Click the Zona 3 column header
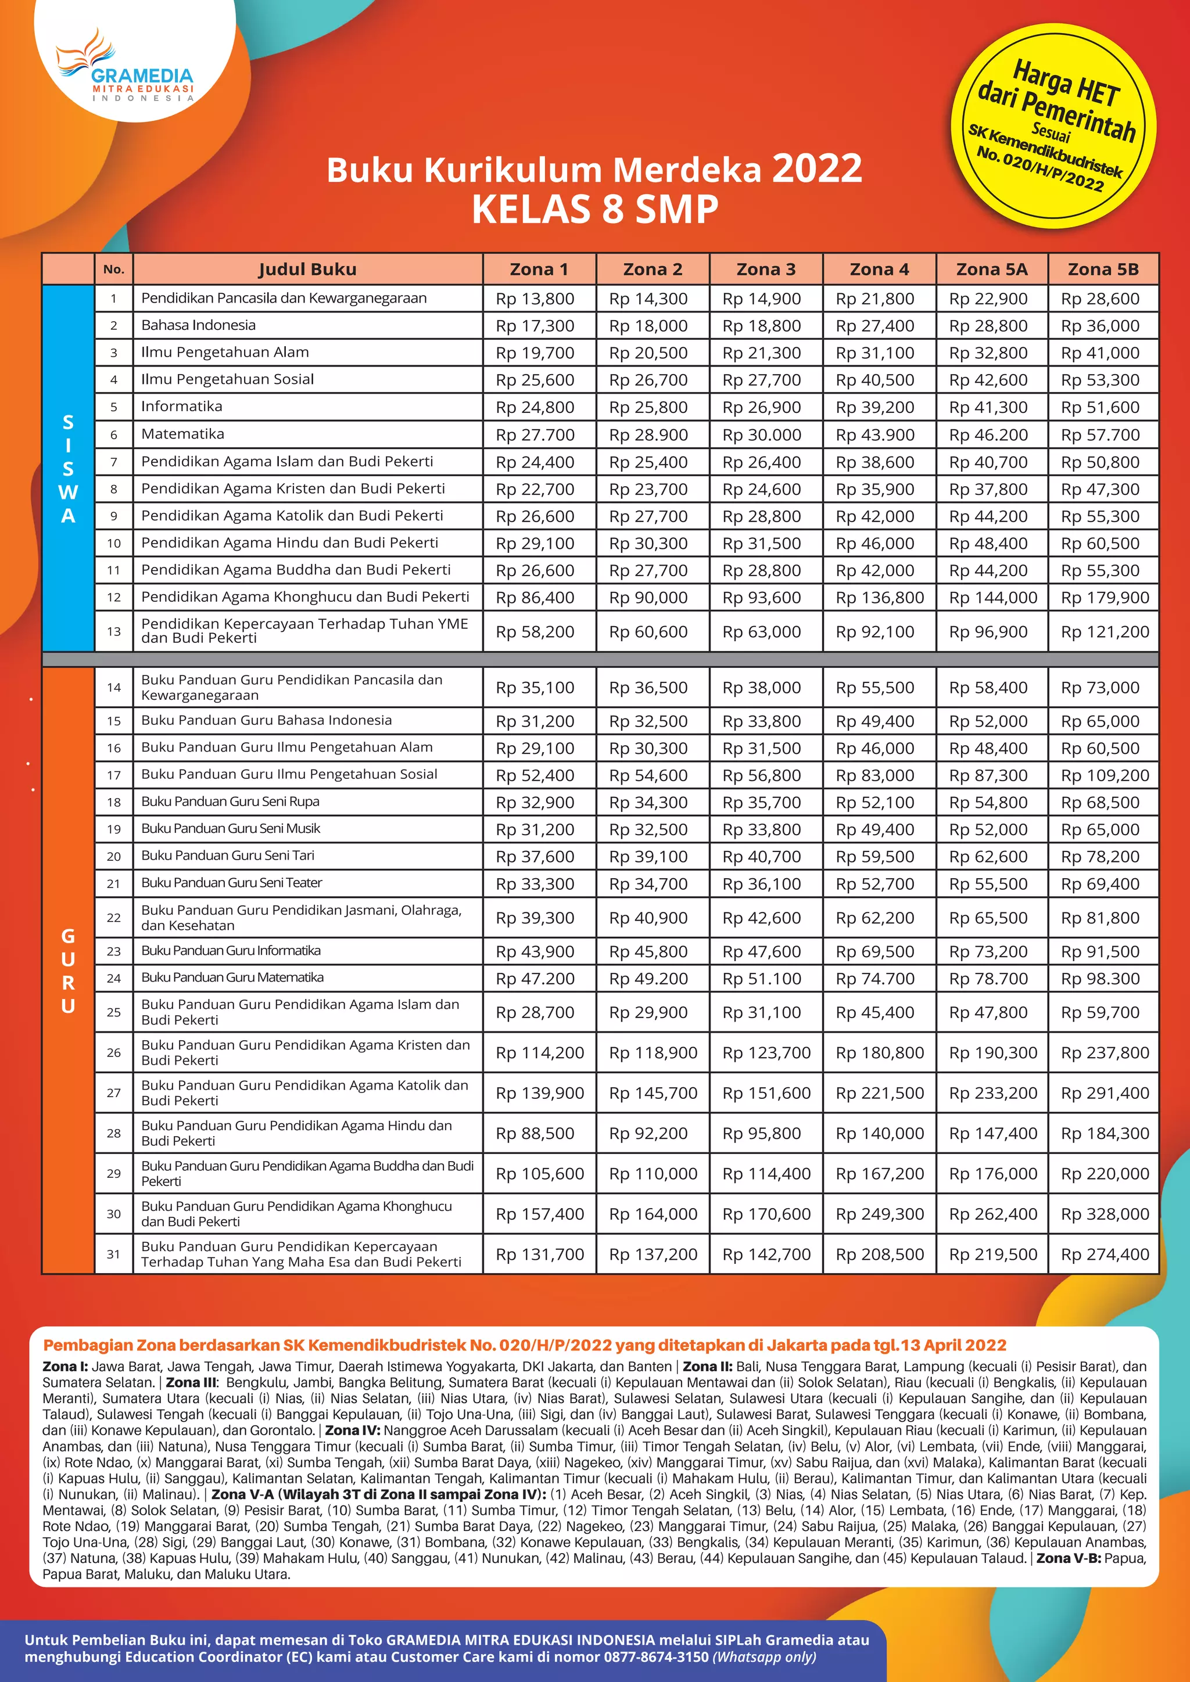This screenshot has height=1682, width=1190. [x=765, y=269]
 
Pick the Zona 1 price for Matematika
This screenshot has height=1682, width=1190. [x=535, y=435]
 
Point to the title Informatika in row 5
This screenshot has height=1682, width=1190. [x=182, y=407]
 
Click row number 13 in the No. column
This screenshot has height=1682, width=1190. [x=113, y=631]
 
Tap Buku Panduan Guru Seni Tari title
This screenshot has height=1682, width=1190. [x=228, y=856]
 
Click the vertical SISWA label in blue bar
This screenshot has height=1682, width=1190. [x=68, y=469]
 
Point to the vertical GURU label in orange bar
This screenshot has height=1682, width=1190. [x=68, y=971]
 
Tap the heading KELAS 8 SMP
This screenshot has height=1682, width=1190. [x=594, y=210]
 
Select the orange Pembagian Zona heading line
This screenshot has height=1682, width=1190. [x=524, y=1346]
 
